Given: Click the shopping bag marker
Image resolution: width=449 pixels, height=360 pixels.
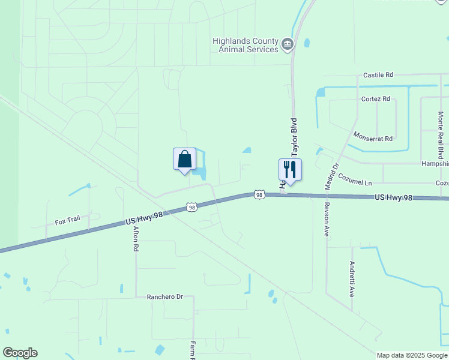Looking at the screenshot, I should coord(184,160).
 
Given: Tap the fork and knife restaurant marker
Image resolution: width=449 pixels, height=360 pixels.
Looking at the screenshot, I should coord(290,170).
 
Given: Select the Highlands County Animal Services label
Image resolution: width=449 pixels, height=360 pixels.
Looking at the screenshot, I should coord(246,45).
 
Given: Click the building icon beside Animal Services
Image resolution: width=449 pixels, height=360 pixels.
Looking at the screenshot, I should coord(288,44).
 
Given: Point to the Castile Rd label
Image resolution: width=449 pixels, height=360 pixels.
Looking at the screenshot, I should coord(378,75).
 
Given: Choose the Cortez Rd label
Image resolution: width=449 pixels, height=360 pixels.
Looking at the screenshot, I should coord(376,98).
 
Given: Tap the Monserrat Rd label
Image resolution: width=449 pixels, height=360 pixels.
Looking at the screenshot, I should coord(373,137).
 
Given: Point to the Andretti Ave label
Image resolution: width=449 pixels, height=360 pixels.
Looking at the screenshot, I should coord(352,279).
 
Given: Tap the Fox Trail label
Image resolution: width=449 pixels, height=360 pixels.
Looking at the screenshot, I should coord(67,220).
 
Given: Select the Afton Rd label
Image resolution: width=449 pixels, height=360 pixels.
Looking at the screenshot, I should coord(136,238).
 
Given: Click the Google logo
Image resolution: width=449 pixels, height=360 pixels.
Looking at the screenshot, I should coord(20,353).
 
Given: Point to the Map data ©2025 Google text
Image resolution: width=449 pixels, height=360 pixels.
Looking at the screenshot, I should coord(412,355).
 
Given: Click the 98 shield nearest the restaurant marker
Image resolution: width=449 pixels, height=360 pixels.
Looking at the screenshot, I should coord(259,194).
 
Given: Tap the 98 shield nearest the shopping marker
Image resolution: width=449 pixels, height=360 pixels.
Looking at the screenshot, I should coord(191,207).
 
